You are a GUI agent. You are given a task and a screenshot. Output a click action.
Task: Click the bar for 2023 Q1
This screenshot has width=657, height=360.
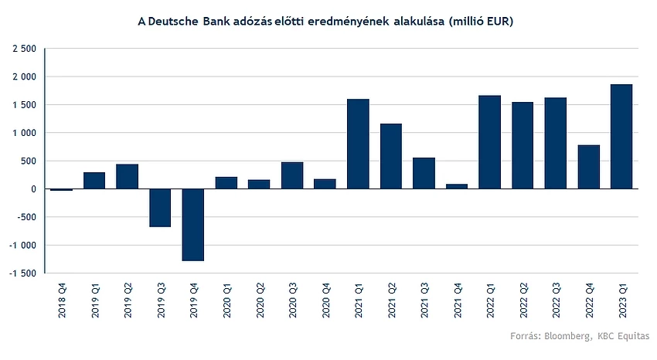621,137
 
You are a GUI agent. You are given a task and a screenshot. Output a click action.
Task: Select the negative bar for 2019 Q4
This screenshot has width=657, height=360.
193,225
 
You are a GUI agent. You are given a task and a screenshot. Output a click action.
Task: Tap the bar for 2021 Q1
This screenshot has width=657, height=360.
358,144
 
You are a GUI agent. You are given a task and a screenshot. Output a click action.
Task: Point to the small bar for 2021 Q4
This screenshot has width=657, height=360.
457,186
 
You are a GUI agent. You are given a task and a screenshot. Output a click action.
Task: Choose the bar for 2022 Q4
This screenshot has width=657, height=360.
588,167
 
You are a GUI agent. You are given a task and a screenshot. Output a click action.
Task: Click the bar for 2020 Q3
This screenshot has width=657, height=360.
292,175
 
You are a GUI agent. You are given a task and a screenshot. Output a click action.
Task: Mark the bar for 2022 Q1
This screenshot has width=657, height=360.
489,142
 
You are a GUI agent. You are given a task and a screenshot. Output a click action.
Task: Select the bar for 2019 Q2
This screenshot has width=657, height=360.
128,176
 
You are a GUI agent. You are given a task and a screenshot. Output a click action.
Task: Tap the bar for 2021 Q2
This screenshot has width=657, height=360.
391,156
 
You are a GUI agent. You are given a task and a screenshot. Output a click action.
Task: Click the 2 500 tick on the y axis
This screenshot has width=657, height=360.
25,49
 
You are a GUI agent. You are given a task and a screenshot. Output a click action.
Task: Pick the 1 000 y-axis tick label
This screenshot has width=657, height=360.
25,133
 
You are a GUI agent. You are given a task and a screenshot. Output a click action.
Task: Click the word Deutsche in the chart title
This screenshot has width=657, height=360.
174,21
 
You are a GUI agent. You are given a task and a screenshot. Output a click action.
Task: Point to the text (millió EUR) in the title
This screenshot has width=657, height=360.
478,21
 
